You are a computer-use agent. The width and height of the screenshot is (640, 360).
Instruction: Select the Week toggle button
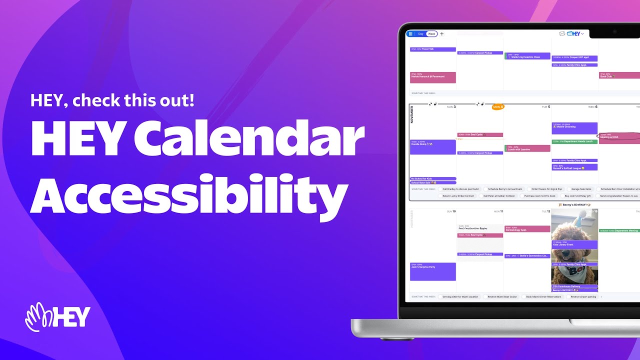(x=431, y=34)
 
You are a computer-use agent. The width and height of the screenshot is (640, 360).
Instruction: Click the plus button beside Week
(x=441, y=34)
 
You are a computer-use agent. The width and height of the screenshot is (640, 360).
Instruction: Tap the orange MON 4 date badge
(x=498, y=107)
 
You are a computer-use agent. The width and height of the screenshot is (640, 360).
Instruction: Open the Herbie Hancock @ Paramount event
(x=432, y=77)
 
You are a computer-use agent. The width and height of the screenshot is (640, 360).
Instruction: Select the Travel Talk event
(x=432, y=49)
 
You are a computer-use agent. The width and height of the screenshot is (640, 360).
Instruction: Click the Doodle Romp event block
(x=432, y=147)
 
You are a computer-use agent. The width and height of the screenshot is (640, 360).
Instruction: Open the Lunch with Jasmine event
(x=527, y=148)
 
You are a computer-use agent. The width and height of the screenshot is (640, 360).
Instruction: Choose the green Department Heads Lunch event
(x=574, y=141)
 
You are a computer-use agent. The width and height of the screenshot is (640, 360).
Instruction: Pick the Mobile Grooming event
(x=574, y=128)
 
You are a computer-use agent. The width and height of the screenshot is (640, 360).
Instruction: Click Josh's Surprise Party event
(x=432, y=271)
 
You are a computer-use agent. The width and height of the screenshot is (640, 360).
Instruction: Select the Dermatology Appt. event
(x=527, y=229)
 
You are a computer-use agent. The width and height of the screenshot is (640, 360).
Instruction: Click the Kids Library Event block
(x=574, y=244)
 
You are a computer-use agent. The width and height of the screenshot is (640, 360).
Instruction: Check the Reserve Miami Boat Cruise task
(x=502, y=296)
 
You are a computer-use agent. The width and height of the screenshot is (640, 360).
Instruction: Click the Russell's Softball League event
(x=574, y=167)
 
